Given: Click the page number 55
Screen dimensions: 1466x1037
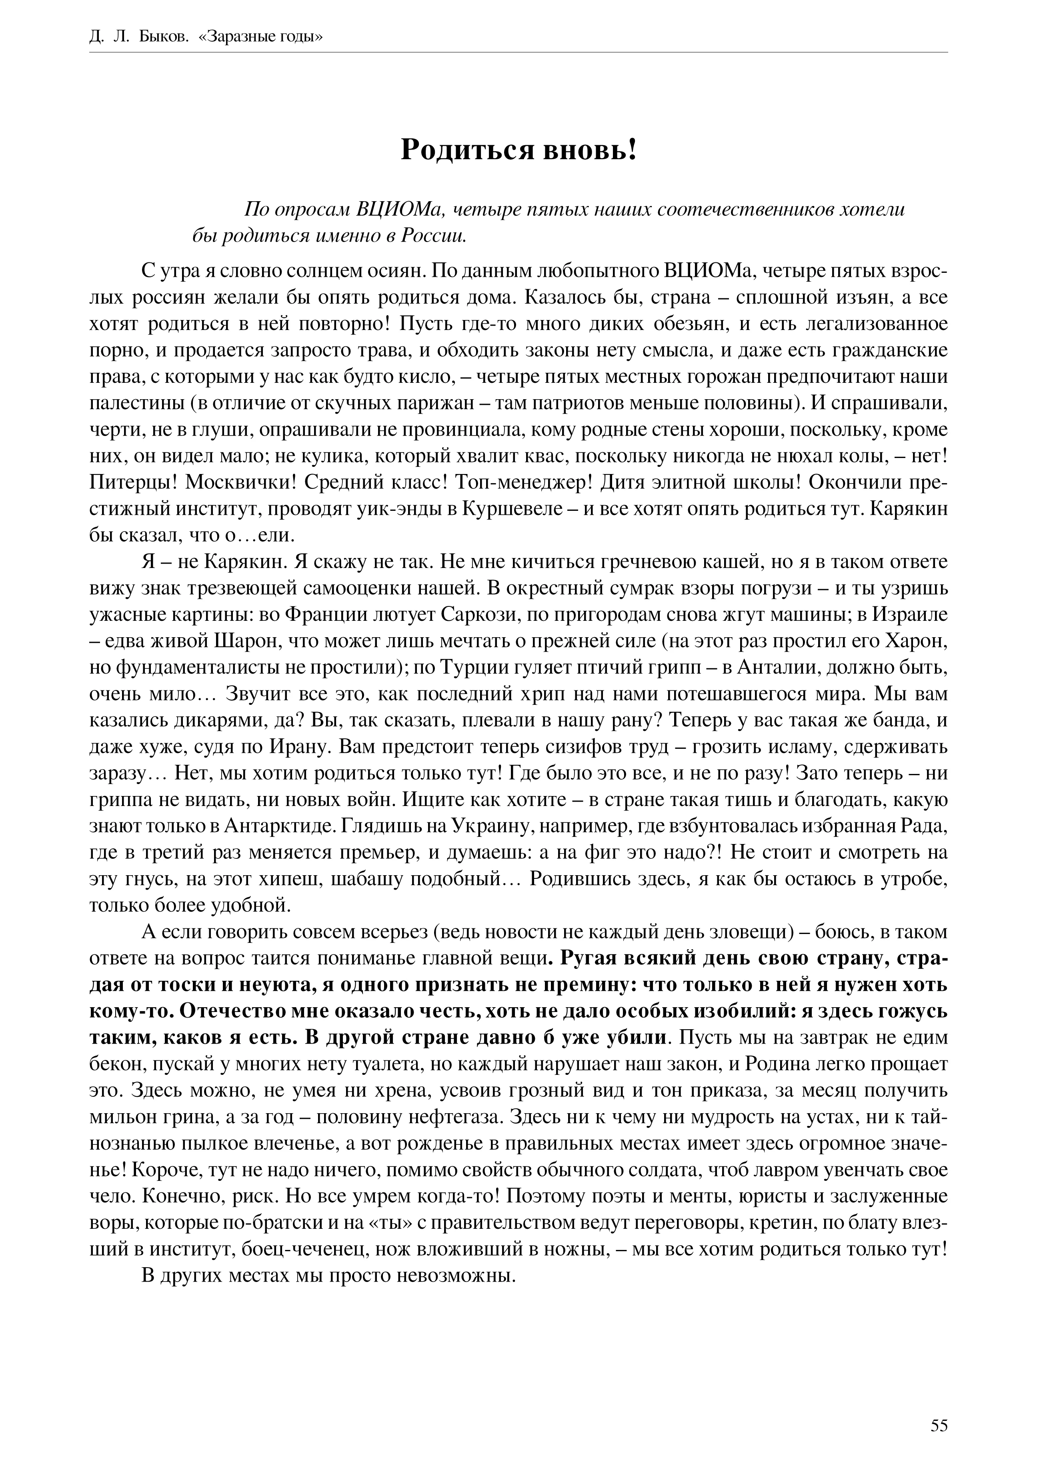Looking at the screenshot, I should click(x=939, y=1403).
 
